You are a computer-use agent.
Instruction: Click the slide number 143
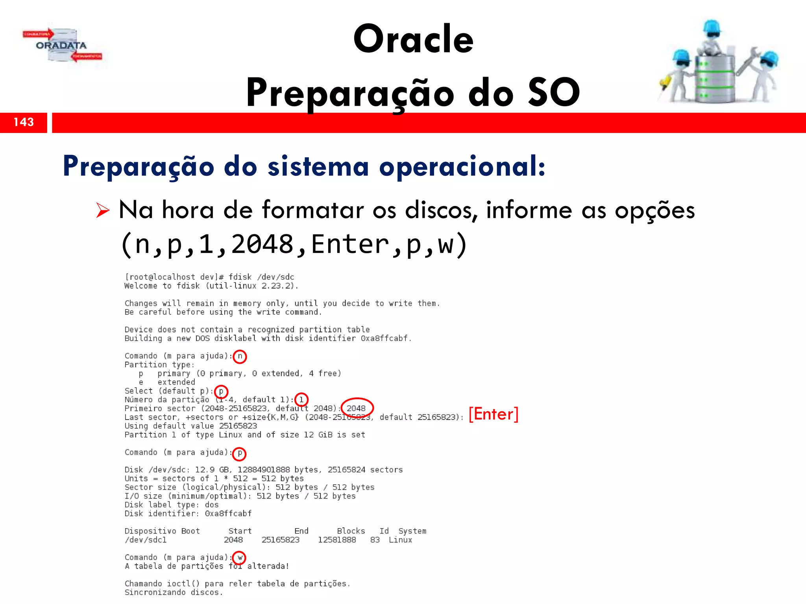tap(24, 122)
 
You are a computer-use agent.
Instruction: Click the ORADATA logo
tap(61, 46)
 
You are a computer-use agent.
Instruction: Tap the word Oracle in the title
tap(413, 39)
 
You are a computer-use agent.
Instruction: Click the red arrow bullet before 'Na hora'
tap(103, 210)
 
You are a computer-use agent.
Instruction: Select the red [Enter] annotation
tap(493, 414)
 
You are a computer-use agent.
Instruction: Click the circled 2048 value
tap(357, 408)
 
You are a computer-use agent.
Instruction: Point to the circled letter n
tap(240, 356)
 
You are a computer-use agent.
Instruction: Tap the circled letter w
tap(239, 558)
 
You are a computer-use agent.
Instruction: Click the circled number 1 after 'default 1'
tap(301, 400)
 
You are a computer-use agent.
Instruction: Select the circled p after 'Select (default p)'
tap(221, 391)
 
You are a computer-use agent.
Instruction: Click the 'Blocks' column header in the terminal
tap(351, 531)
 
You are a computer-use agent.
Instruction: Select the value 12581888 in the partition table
tap(337, 540)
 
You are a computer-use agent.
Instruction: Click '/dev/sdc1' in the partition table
tap(146, 540)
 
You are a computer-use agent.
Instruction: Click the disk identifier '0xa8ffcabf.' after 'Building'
tap(386, 338)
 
